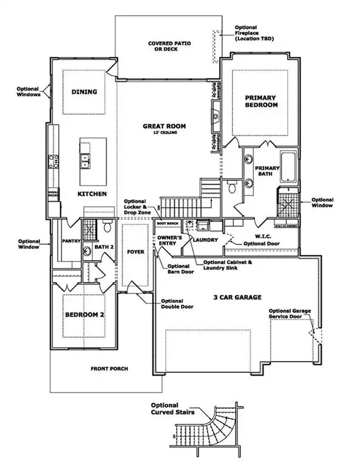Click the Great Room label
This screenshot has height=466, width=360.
164,126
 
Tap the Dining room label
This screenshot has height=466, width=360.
85,92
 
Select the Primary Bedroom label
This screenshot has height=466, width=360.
260,101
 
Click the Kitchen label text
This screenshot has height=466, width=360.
92,194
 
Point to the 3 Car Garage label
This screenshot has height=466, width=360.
237,297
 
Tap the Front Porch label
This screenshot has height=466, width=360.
109,368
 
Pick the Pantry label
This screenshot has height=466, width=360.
71,241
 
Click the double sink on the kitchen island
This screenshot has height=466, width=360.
86,161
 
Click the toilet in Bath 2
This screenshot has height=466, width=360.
107,228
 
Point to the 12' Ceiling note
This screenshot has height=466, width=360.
165,133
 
